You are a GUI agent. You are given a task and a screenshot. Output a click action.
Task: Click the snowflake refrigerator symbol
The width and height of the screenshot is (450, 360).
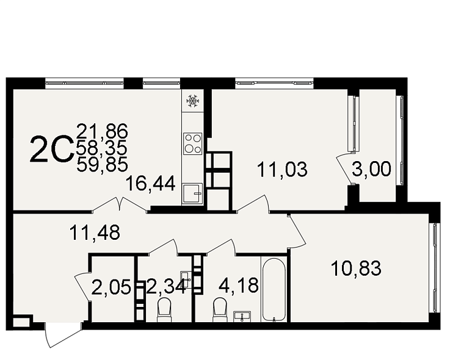pyautogui.click(x=192, y=101)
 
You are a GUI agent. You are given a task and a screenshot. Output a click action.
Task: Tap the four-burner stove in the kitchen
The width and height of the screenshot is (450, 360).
pyautogui.click(x=192, y=144)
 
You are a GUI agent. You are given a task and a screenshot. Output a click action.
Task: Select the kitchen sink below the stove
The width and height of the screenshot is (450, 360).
pyautogui.click(x=192, y=193)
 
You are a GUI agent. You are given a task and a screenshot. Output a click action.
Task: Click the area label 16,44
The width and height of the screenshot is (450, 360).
pyautogui.click(x=150, y=184)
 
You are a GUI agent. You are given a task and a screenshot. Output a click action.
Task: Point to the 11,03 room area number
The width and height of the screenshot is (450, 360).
pyautogui.click(x=283, y=169)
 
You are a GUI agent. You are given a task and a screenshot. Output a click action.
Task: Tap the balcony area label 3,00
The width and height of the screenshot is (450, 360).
pyautogui.click(x=371, y=168)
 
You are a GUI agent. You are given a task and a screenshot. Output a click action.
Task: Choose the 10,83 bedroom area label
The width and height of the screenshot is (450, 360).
pyautogui.click(x=356, y=268)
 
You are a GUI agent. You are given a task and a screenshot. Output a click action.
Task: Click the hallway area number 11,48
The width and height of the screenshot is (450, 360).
pyautogui.click(x=95, y=232)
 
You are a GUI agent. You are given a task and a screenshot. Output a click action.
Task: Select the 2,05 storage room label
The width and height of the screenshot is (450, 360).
pyautogui.click(x=111, y=287)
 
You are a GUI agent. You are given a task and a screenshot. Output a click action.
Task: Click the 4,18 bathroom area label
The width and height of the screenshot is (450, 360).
pyautogui.click(x=239, y=286)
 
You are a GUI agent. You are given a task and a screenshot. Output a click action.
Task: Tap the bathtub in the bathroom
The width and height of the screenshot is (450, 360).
pyautogui.click(x=274, y=290)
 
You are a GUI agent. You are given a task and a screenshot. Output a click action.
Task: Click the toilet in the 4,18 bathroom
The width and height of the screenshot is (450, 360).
pyautogui.click(x=220, y=309)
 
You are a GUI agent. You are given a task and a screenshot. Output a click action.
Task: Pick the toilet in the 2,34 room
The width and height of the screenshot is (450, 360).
pyautogui.click(x=164, y=309)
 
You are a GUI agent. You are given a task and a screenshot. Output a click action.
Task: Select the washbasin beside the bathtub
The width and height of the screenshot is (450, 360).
pyautogui.click(x=242, y=317)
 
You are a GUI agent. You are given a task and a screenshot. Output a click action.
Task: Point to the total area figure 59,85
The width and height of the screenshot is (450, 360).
pyautogui.click(x=102, y=165)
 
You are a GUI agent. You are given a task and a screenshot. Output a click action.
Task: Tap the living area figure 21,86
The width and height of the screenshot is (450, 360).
pyautogui.click(x=102, y=131)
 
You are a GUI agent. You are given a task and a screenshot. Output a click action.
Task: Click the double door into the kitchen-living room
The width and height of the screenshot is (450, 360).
pyautogui.click(x=120, y=205)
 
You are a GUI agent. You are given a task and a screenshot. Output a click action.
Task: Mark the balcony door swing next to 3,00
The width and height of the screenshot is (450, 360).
pyautogui.click(x=344, y=168)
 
